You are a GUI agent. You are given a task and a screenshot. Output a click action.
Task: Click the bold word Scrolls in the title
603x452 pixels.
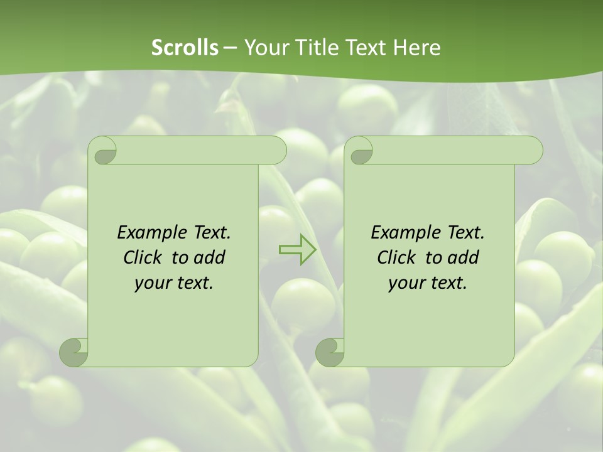point(185,48)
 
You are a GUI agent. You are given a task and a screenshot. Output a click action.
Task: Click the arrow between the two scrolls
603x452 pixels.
point(297,250)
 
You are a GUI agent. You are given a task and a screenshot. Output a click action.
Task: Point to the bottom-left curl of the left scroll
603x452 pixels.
point(73,352)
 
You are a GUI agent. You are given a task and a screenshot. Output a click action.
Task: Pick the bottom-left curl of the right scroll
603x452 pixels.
point(330,352)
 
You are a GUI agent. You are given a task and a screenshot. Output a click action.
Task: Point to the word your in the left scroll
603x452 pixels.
point(151,283)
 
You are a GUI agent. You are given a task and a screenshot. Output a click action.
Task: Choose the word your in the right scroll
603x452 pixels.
point(405,283)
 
